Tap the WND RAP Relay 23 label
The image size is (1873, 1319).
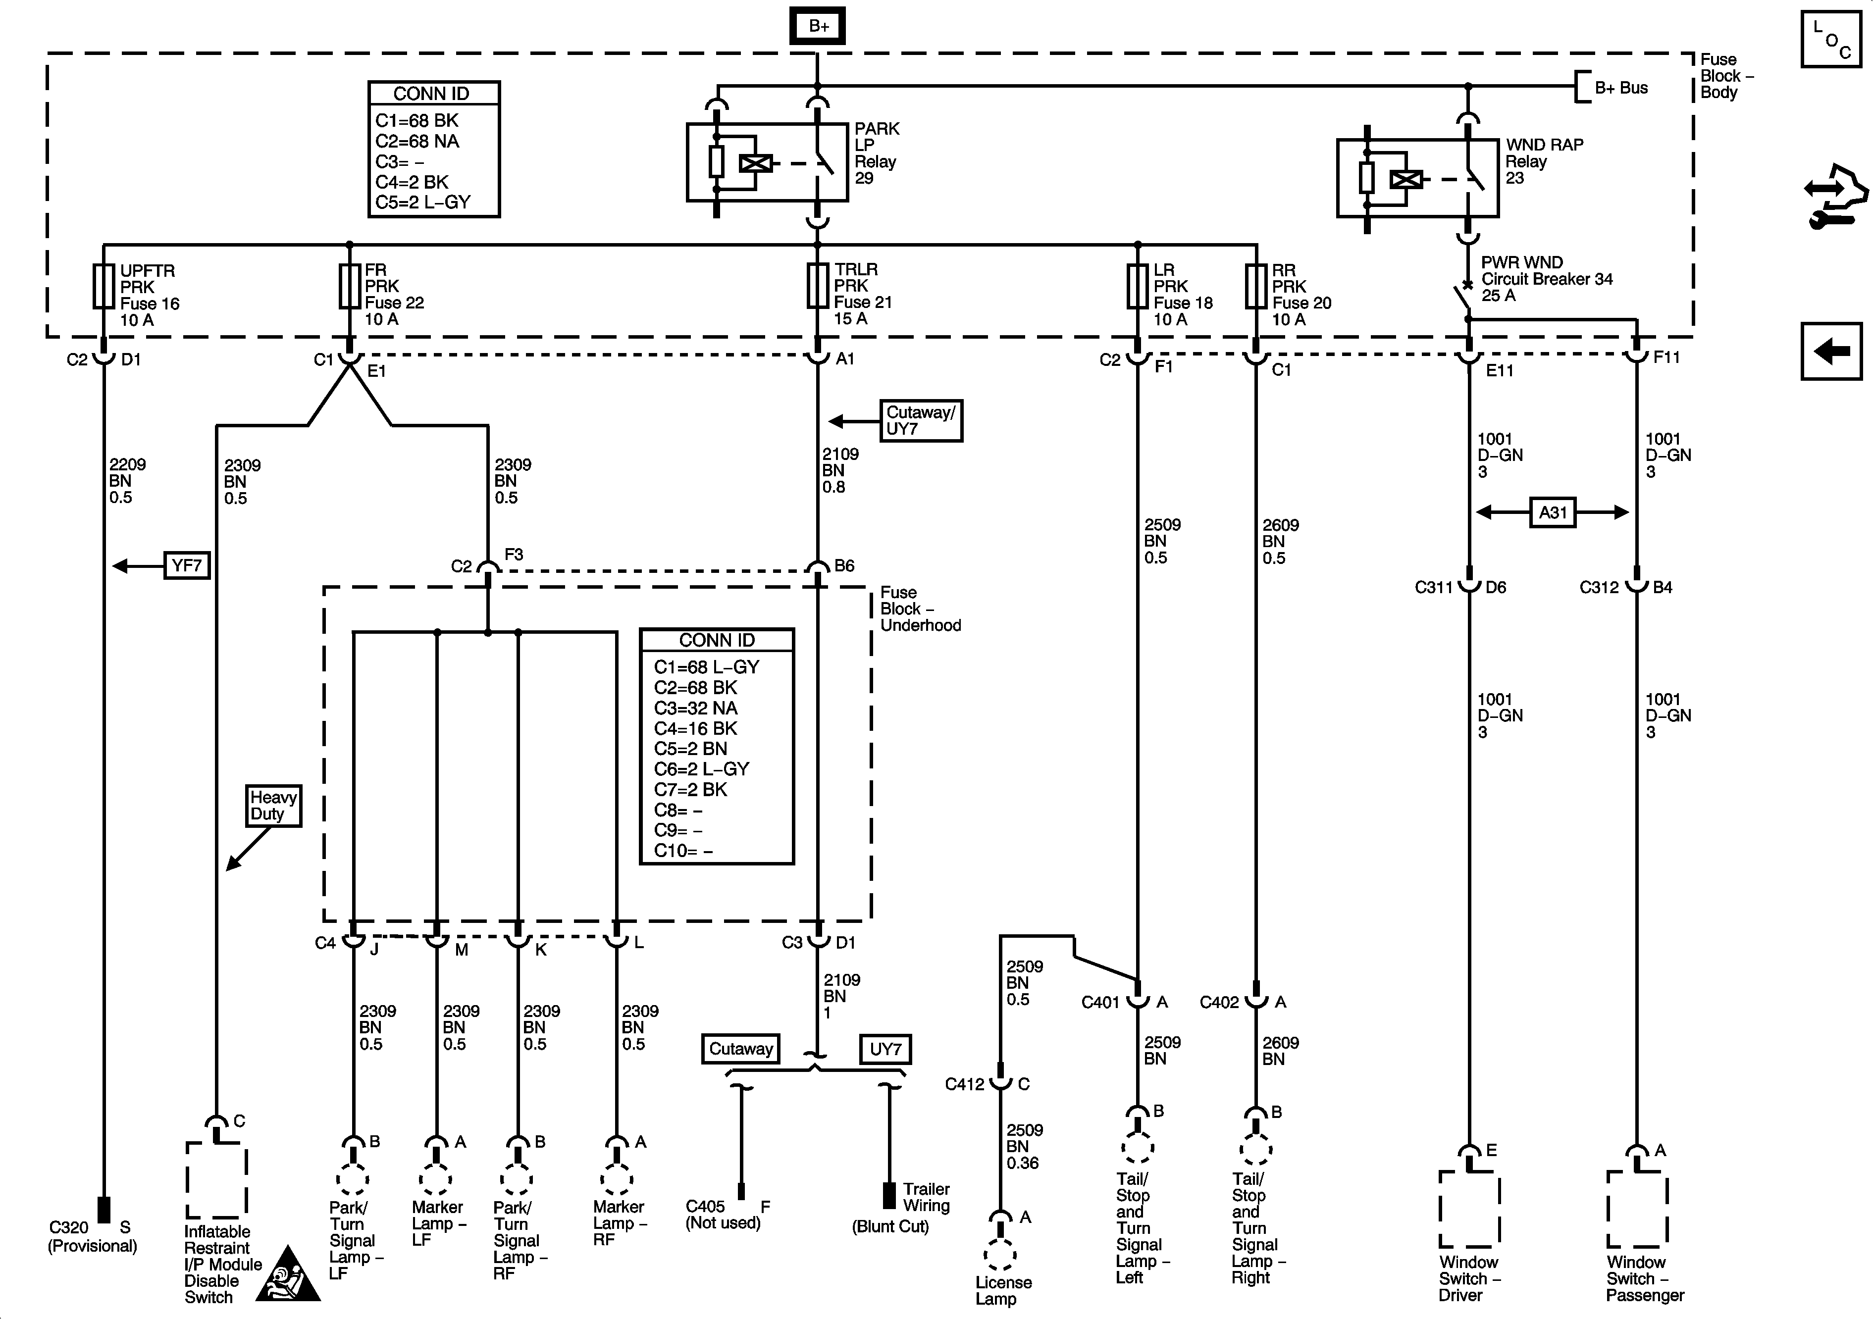point(1544,161)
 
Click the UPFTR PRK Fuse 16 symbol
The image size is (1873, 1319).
point(104,286)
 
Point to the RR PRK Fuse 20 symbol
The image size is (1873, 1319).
point(1255,286)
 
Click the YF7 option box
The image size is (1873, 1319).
point(187,565)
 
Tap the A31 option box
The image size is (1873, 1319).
point(1553,513)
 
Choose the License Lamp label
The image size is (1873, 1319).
point(1003,1290)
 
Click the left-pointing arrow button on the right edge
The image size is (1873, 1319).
point(1831,352)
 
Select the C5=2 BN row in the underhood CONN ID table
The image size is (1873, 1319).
point(690,749)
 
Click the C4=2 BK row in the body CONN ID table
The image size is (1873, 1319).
point(412,182)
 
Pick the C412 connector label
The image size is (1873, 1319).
point(965,1085)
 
